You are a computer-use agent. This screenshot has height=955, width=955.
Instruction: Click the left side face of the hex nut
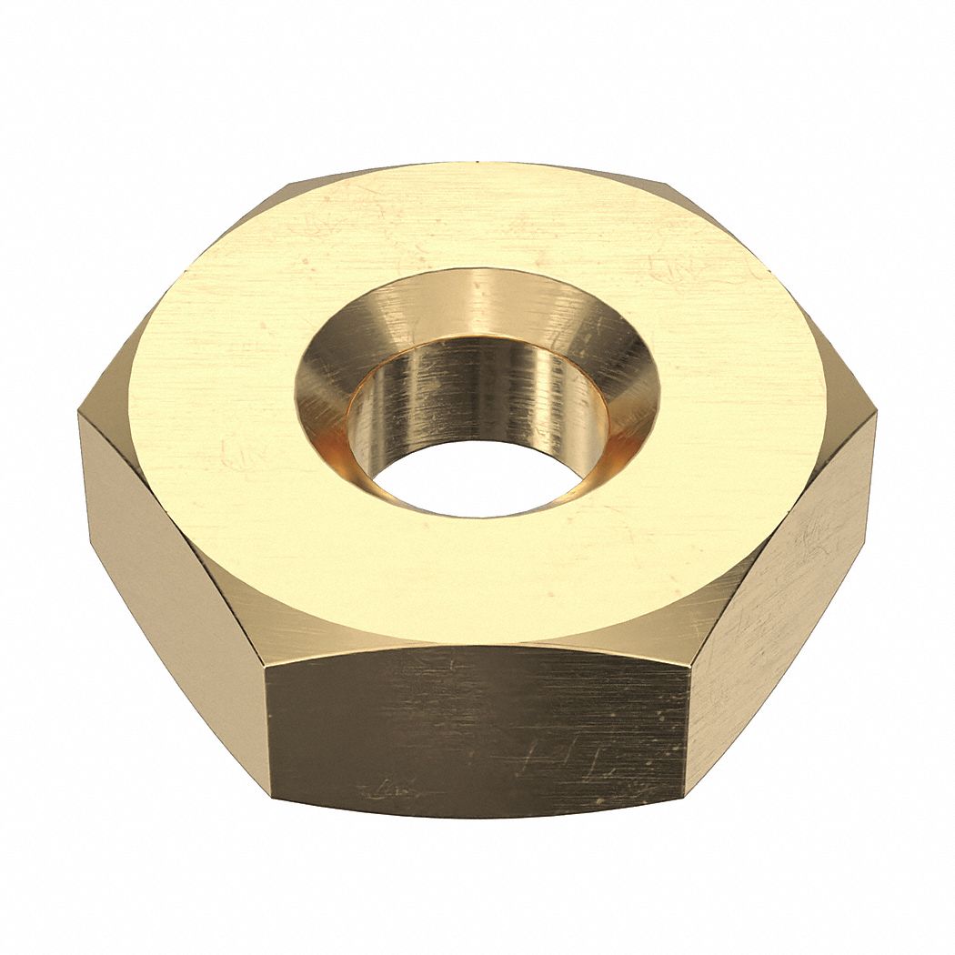pos(173,564)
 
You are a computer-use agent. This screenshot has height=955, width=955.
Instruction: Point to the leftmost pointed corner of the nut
pos(80,416)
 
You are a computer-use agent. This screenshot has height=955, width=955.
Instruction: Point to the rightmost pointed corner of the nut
pos(876,414)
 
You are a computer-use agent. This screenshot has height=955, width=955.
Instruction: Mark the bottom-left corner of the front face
pos(271,800)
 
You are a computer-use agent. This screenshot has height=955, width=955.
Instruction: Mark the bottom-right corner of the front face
pos(685,796)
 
